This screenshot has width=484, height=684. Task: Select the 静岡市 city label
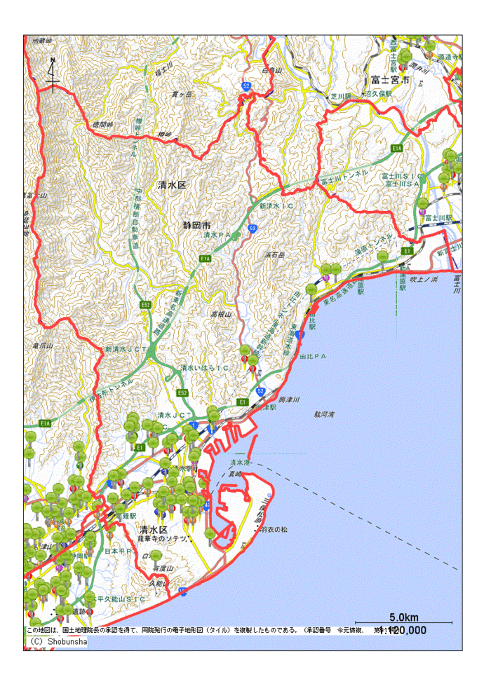[196, 226]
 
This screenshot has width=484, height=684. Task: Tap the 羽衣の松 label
[273, 529]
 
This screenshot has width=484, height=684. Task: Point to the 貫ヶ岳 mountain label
[181, 93]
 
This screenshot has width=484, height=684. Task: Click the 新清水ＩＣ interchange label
[275, 207]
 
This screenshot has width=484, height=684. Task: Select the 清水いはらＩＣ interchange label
[204, 367]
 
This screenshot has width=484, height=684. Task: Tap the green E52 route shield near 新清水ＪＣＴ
[182, 392]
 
